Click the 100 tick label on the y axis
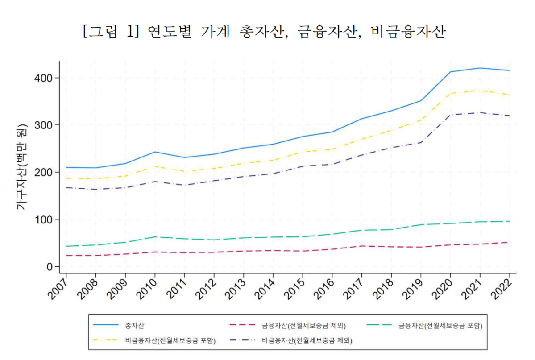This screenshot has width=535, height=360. coord(43,219)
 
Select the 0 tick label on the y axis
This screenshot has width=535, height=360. coord(50,267)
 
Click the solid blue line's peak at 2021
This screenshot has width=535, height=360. coord(480,68)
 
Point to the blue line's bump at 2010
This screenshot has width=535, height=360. coord(155,152)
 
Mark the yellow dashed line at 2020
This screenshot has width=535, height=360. coord(450,93)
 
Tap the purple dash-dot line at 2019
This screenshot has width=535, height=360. coord(421,142)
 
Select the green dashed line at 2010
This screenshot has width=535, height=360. coord(155,237)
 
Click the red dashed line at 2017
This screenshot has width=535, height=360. coord(361,246)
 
